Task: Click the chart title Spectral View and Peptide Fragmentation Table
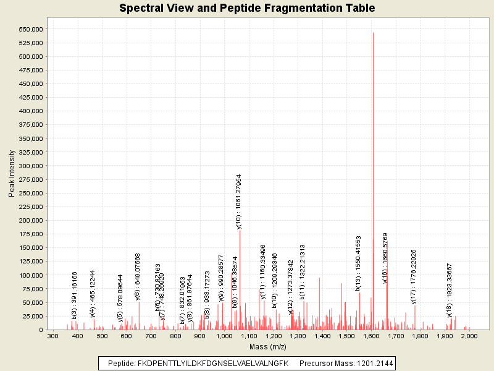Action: (247, 8)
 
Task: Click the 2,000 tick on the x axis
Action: (469, 336)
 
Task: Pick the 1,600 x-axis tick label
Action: (371, 336)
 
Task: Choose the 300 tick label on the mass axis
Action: (52, 336)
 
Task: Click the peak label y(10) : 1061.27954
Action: (239, 202)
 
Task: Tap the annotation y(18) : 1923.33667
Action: (450, 290)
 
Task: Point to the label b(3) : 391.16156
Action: (74, 287)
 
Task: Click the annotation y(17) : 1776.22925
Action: (414, 277)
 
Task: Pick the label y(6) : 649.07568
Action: (138, 276)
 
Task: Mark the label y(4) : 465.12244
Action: (93, 286)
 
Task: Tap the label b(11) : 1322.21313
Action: (303, 272)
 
